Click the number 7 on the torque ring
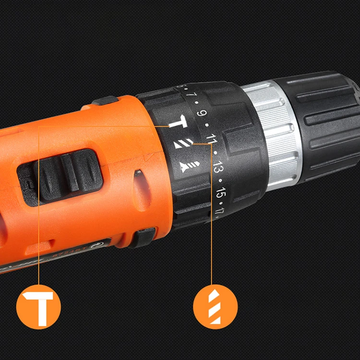[x=192, y=94]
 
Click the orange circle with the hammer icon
[x=38, y=307]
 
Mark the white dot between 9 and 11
[x=206, y=126]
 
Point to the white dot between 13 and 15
[x=220, y=181]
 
